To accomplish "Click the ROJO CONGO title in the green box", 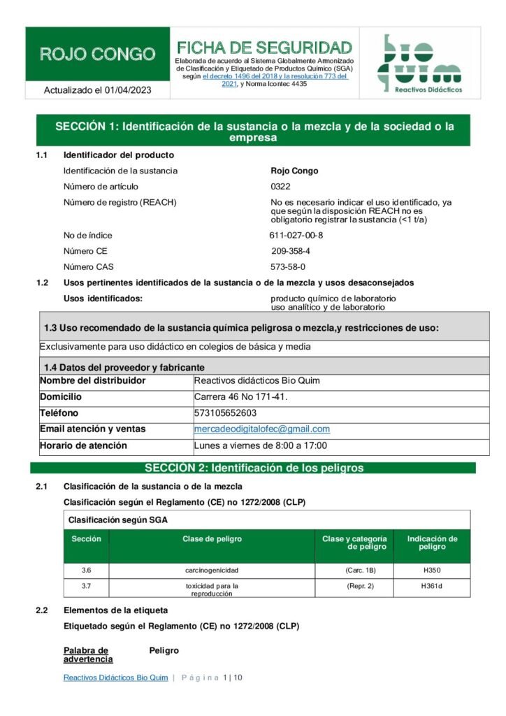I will pyautogui.click(x=97, y=54).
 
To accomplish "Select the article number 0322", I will pyautogui.click(x=280, y=186).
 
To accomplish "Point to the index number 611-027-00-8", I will pyautogui.click(x=296, y=235).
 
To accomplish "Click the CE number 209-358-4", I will pyautogui.click(x=291, y=250).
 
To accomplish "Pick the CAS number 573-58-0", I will pyautogui.click(x=288, y=266).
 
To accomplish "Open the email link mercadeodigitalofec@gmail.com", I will pyautogui.click(x=262, y=429).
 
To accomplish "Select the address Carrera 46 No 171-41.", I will pyautogui.click(x=241, y=397).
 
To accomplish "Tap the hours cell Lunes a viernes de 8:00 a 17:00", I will pyautogui.click(x=261, y=445).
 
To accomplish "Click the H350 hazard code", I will pyautogui.click(x=431, y=571).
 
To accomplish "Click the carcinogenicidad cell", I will pyautogui.click(x=212, y=571).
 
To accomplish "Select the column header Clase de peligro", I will pyautogui.click(x=212, y=539).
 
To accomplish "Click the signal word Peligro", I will pyautogui.click(x=164, y=650).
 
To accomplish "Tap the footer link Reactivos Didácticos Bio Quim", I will pyautogui.click(x=115, y=678).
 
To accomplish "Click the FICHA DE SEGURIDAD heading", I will pyautogui.click(x=264, y=48).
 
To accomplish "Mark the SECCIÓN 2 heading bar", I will pyautogui.click(x=253, y=468).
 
